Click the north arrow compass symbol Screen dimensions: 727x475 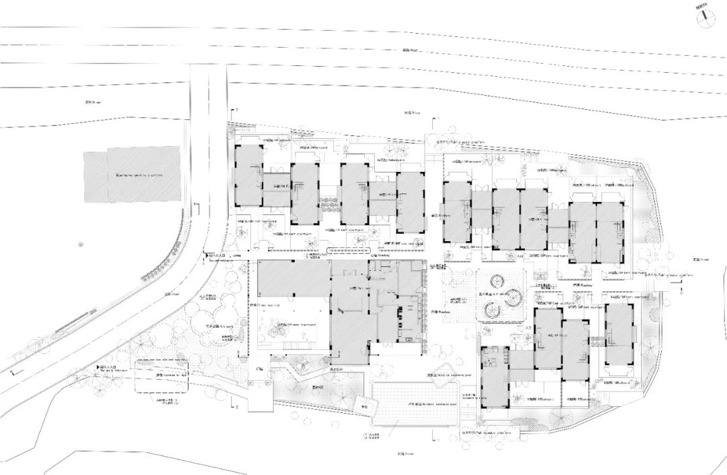pyautogui.click(x=703, y=18)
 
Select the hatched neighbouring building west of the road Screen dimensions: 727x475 pyautogui.click(x=132, y=175)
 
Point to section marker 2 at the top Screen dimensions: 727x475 pyautogui.click(x=236, y=109)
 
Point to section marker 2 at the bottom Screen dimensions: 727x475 pyautogui.click(x=236, y=407)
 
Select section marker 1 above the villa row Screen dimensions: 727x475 pyautogui.click(x=438, y=119)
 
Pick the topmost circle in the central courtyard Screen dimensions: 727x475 pyautogui.click(x=499, y=280)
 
